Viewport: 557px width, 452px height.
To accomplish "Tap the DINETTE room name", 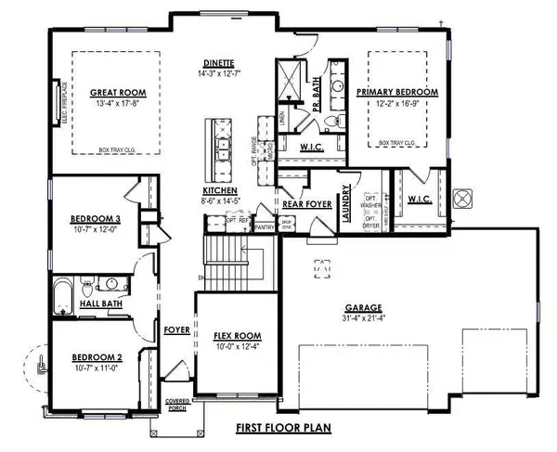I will coord(220,63).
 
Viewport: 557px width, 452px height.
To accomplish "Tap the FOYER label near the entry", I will coord(176,329).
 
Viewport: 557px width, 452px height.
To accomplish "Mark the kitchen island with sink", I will coord(222,149).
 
